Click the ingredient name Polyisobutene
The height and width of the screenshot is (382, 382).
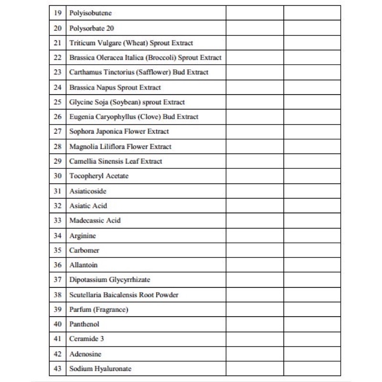click(x=90, y=13)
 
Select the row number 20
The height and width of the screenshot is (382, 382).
click(x=58, y=28)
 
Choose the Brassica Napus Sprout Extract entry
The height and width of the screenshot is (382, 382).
click(x=115, y=87)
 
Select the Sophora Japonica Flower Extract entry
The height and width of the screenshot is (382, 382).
click(x=119, y=131)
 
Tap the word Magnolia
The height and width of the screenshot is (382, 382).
click(x=84, y=147)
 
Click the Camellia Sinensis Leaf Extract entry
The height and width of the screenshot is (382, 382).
click(x=116, y=161)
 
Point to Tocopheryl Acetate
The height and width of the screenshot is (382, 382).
click(x=99, y=176)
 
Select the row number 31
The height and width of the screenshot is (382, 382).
click(x=58, y=191)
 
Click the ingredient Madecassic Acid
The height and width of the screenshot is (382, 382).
click(x=95, y=221)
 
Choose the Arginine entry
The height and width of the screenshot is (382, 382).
click(x=82, y=236)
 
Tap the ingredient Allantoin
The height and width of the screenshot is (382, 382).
click(x=83, y=265)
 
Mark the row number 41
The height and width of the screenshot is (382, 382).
click(x=58, y=339)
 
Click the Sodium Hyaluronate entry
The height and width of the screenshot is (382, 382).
click(x=100, y=369)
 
